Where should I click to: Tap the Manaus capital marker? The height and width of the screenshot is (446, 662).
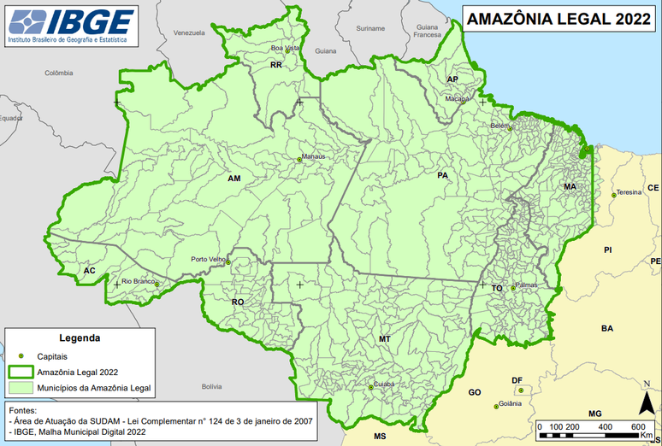(300, 158)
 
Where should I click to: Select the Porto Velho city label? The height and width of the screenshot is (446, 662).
(208, 259)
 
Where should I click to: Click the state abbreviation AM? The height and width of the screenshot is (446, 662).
(234, 179)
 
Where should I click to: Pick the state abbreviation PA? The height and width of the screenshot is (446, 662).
(442, 176)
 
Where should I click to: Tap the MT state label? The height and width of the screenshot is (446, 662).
(385, 339)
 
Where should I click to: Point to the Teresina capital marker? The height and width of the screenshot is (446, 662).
(613, 195)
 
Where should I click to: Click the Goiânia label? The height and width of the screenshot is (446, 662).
(511, 403)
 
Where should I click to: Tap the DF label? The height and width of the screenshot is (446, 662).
(517, 380)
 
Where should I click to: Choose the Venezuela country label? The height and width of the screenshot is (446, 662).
(190, 32)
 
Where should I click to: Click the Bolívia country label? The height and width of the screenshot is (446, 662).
(211, 387)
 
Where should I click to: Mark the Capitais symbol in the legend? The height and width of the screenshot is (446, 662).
(21, 355)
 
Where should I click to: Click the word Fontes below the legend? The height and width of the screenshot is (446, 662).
(22, 409)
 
